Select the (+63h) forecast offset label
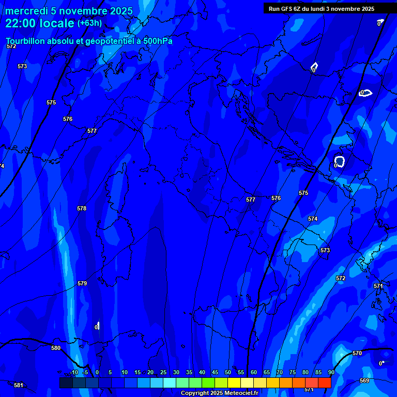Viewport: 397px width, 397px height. (x=89, y=23)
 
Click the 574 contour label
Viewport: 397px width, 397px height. (x=313, y=219)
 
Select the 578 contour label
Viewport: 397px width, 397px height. (x=82, y=209)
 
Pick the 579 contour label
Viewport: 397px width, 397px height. (x=82, y=284)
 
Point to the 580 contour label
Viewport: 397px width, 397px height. (x=56, y=348)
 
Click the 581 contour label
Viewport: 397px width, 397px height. (x=19, y=385)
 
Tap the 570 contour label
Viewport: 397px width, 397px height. (x=357, y=354)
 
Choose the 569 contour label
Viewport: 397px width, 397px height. (x=364, y=381)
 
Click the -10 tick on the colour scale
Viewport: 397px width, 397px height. (x=73, y=373)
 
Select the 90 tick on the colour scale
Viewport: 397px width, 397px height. (x=331, y=373)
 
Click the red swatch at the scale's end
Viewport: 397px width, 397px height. (x=324, y=383)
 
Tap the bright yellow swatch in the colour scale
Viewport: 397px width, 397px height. (x=234, y=383)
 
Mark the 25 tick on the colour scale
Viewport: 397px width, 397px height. (x=163, y=373)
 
